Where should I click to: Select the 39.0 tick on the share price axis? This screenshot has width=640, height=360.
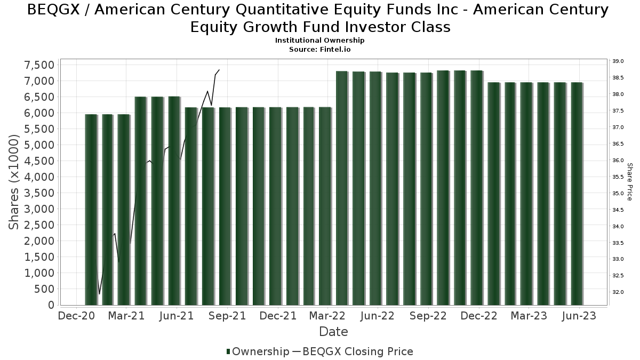pyautogui.click(x=618, y=61)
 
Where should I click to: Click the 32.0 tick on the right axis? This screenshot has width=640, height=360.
pyautogui.click(x=618, y=292)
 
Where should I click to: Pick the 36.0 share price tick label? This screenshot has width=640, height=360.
pyautogui.click(x=618, y=161)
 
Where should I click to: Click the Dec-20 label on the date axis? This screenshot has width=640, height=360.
pyautogui.click(x=76, y=316)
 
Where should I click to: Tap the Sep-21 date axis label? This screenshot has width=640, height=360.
pyautogui.click(x=227, y=316)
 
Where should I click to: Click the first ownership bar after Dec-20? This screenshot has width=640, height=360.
pyautogui.click(x=91, y=209)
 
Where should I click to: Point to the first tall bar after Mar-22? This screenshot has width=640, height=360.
pyautogui.click(x=342, y=188)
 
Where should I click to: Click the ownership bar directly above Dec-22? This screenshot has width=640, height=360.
pyautogui.click(x=476, y=187)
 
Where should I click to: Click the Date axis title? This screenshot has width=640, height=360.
pyautogui.click(x=333, y=332)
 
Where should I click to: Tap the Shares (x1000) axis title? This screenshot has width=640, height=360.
pyautogui.click(x=14, y=182)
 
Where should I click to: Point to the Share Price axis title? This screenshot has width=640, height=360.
pyautogui.click(x=630, y=182)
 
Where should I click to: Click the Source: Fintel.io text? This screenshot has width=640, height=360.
pyautogui.click(x=319, y=49)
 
